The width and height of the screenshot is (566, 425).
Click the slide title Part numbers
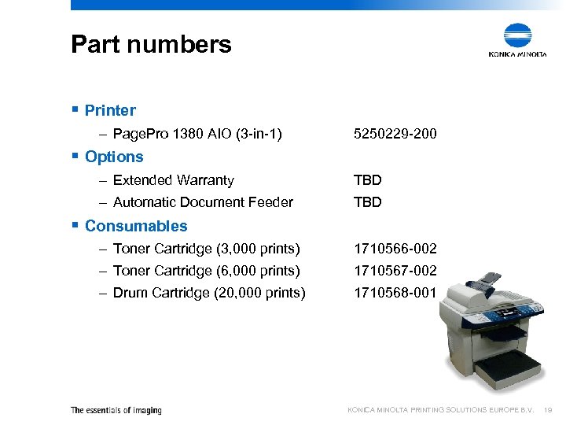pyautogui.click(x=151, y=44)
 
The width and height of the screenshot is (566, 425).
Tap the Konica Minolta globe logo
pyautogui.click(x=517, y=36)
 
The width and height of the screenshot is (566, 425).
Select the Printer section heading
pyautogui.click(x=110, y=110)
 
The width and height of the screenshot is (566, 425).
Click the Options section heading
pyautogui.click(x=114, y=157)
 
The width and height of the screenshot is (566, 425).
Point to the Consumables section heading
pyautogui.click(x=136, y=226)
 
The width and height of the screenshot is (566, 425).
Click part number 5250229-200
pyautogui.click(x=395, y=135)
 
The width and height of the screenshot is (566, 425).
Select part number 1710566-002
pyautogui.click(x=395, y=249)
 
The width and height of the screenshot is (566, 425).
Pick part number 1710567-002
pyautogui.click(x=395, y=271)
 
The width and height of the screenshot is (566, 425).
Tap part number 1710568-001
pyautogui.click(x=395, y=293)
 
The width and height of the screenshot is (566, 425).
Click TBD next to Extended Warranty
pyautogui.click(x=368, y=180)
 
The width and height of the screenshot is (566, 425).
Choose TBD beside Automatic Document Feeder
pyautogui.click(x=368, y=202)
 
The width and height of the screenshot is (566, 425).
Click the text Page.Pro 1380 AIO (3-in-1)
pyautogui.click(x=197, y=135)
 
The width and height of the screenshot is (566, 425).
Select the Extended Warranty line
pyautogui.click(x=173, y=180)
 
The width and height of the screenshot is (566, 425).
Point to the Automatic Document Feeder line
pyautogui.click(x=203, y=202)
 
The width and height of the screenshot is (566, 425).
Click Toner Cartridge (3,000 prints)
pyautogui.click(x=207, y=249)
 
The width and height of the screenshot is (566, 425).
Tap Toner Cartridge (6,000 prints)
pyautogui.click(x=207, y=271)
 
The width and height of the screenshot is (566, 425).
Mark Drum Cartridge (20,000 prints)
pyautogui.click(x=209, y=293)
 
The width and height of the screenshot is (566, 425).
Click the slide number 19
pyautogui.click(x=549, y=410)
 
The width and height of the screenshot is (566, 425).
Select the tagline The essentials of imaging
pyautogui.click(x=116, y=410)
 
